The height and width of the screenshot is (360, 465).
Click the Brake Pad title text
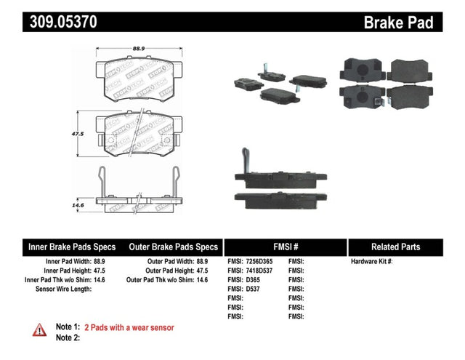398,23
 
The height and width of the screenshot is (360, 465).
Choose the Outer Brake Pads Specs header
173,247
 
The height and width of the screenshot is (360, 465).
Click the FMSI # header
286,247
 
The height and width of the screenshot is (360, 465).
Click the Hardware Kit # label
371,260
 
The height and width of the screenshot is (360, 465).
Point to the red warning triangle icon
39,331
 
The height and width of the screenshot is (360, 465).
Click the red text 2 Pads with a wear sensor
129,327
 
